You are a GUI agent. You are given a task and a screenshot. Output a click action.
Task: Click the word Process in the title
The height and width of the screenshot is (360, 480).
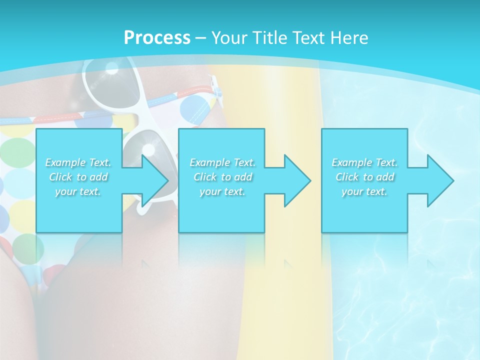(157, 38)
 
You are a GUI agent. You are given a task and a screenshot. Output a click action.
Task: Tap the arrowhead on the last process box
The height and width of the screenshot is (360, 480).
(439, 180)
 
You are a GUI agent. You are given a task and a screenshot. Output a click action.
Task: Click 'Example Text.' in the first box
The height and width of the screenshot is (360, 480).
(78, 162)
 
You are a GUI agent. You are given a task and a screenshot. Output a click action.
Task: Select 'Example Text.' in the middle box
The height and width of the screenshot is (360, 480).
(222, 162)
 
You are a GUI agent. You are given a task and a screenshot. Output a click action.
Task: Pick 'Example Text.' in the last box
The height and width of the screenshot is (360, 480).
(364, 162)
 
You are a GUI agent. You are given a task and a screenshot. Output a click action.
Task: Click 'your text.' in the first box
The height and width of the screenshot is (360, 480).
(78, 191)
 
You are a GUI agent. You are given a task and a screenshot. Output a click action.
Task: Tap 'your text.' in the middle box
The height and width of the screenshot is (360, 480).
(222, 191)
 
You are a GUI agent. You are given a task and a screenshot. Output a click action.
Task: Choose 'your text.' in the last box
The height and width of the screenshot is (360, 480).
(364, 191)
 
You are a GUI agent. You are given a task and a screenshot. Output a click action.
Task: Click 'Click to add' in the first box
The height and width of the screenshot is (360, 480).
(78, 177)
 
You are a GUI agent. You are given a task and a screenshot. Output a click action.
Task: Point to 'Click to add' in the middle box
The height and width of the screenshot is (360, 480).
(222, 177)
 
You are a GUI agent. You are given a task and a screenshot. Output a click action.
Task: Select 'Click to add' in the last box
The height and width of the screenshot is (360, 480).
(364, 177)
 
